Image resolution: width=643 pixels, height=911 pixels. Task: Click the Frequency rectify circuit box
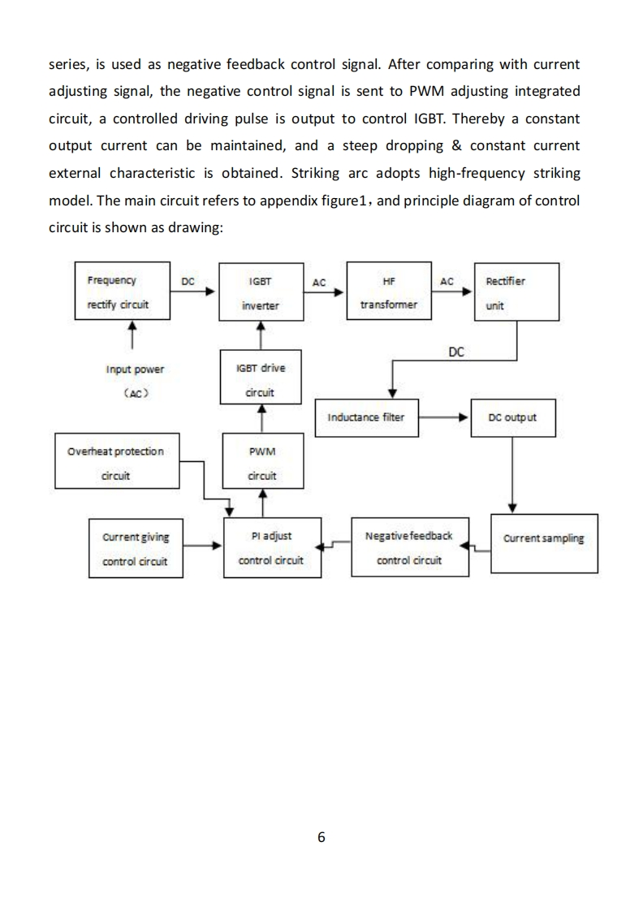click(122, 292)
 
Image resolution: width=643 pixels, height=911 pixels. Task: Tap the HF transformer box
click(388, 292)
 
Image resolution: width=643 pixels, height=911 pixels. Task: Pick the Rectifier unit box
click(516, 292)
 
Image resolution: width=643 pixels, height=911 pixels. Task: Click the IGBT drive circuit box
click(261, 379)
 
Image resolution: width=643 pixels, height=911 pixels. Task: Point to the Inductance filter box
click(365, 417)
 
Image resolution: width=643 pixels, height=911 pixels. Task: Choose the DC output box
click(511, 417)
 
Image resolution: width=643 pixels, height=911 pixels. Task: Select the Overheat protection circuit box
click(115, 463)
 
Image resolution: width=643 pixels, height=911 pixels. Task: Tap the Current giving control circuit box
click(135, 548)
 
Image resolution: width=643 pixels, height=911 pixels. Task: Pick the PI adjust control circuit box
click(270, 548)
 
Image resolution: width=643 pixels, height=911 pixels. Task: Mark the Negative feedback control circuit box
click(409, 548)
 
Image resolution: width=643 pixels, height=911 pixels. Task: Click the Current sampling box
click(544, 542)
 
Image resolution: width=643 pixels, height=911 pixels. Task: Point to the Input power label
click(135, 369)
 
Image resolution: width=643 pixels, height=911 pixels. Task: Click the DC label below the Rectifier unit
click(456, 352)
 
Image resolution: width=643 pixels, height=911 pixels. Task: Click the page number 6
click(321, 837)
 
